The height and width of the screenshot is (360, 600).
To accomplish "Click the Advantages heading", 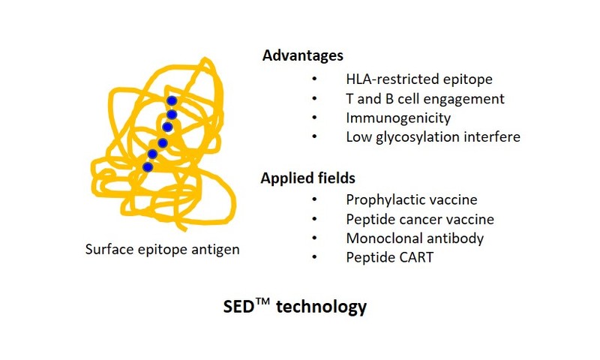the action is tap(303, 55).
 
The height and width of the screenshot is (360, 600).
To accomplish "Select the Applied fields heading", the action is tap(308, 178).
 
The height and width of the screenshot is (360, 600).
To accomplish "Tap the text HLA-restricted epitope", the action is tap(419, 79).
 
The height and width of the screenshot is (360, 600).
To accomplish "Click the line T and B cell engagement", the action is tap(425, 99).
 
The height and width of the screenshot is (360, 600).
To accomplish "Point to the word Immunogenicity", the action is tap(398, 118).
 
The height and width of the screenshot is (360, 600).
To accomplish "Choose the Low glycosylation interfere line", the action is tap(433, 137).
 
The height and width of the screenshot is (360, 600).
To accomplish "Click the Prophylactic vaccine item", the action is tap(412, 199).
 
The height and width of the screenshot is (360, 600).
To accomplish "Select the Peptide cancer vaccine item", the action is tap(420, 220).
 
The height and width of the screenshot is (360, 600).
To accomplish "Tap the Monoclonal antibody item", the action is tap(415, 238).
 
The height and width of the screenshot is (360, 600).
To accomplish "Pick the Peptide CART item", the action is tap(389, 257).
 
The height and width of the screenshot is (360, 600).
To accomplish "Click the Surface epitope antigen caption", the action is tap(162, 250).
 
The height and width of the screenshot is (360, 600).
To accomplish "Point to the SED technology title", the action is tap(295, 307).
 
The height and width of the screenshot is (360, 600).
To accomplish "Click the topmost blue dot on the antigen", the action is tap(172, 101).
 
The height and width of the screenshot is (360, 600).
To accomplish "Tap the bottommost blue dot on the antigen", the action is tap(148, 167).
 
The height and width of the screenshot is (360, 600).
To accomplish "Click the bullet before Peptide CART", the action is tap(314, 257).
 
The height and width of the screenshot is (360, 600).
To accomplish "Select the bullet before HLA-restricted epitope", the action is tap(314, 79).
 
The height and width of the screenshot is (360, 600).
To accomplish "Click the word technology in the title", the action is tap(322, 307).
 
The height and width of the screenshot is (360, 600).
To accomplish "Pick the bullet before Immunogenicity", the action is tap(314, 118).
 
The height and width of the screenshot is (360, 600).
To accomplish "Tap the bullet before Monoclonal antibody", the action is tap(314, 238).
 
